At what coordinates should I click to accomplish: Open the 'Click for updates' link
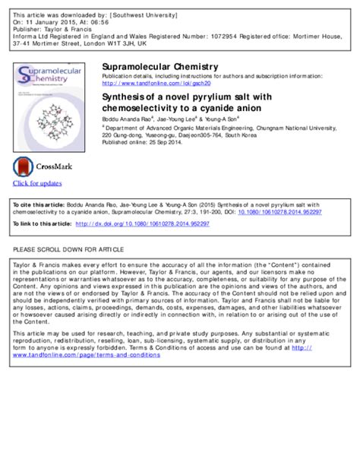pos(37,184)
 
